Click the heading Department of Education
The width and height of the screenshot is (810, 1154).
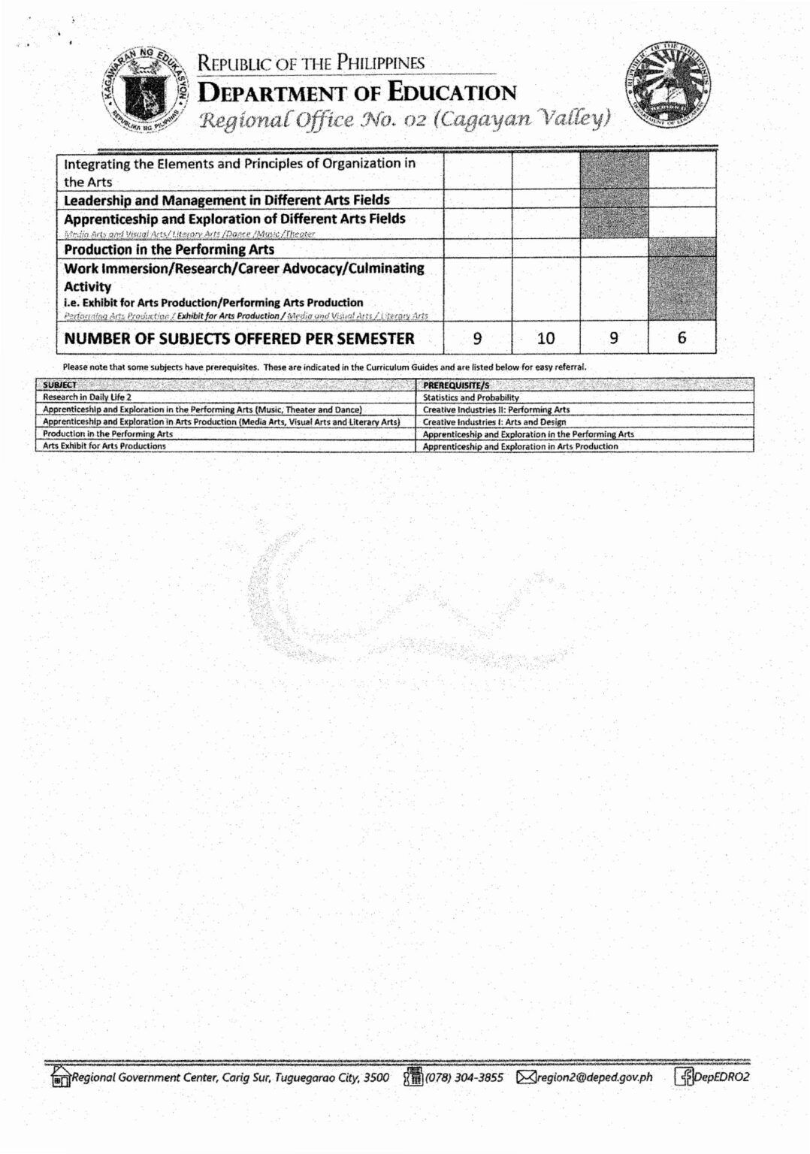pyautogui.click(x=357, y=92)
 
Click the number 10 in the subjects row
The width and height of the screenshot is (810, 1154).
pyautogui.click(x=546, y=338)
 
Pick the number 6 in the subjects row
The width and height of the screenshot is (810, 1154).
pyautogui.click(x=682, y=338)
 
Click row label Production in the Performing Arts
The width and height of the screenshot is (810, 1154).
pyautogui.click(x=169, y=249)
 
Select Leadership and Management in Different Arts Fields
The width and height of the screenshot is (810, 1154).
pyautogui.click(x=226, y=200)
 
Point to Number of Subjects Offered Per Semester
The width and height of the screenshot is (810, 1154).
pyautogui.click(x=239, y=338)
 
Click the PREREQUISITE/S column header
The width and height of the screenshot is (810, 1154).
pyautogui.click(x=456, y=385)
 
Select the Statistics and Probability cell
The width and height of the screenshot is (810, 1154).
pyautogui.click(x=471, y=397)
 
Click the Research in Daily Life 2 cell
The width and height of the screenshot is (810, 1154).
pyautogui.click(x=87, y=397)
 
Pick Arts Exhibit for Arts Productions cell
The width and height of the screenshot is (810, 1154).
pyautogui.click(x=104, y=446)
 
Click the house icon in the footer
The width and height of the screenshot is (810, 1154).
pyautogui.click(x=60, y=1077)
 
